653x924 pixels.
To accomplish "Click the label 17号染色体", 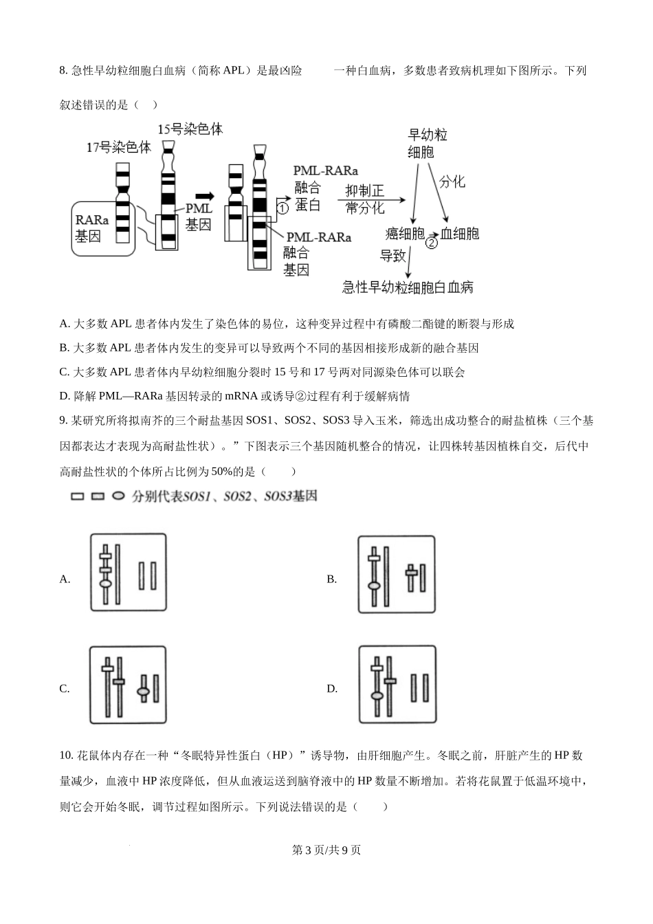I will tap(118, 147).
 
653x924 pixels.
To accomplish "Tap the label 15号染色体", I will tap(190, 129).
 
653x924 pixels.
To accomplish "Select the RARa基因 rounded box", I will tap(102, 228).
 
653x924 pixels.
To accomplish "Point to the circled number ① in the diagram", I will tap(283, 206).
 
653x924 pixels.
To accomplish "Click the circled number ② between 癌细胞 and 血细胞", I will tap(432, 242).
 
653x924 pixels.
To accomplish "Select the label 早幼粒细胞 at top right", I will tap(427, 144).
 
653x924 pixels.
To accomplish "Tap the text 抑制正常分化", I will tap(364, 199).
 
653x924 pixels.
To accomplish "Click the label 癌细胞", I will tap(404, 233).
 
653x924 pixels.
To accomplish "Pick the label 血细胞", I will tap(460, 233).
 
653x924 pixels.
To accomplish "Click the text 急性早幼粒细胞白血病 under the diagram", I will tap(408, 287).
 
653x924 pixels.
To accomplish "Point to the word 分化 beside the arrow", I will tap(452, 181).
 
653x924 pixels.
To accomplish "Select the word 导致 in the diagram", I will tap(393, 256).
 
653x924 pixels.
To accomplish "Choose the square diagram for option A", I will tap(129, 572).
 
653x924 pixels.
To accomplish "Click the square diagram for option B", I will tap(397, 574).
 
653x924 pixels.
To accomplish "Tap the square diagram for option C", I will tap(128, 685).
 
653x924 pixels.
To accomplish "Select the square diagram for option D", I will tap(397, 685).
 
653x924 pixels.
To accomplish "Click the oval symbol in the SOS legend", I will tap(118, 496).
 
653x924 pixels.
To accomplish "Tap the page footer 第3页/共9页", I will tap(326, 850).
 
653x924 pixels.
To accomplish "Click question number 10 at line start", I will tap(67, 756).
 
